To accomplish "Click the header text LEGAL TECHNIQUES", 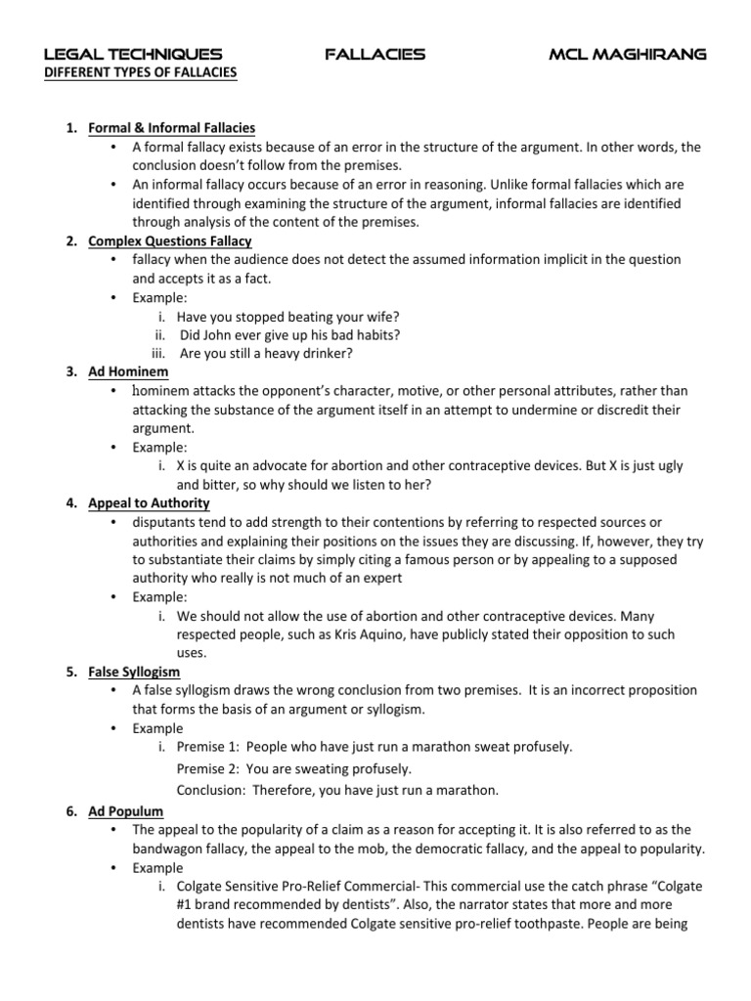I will coord(133,55).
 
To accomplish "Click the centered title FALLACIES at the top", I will coord(375,55).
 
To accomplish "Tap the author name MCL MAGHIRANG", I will coord(627,55).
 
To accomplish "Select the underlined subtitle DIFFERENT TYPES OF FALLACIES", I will coord(141,73).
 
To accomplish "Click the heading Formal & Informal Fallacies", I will coord(172,128).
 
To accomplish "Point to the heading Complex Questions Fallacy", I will coord(170,240).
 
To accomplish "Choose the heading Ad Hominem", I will coord(128,372).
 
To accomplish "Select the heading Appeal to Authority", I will coord(149,503).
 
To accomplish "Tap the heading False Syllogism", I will coord(134,673).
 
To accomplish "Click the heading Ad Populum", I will coord(126,811).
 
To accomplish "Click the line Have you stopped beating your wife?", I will coord(288,316).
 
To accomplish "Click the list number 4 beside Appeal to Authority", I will coord(71,503).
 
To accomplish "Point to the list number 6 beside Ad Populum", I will coord(71,811).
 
